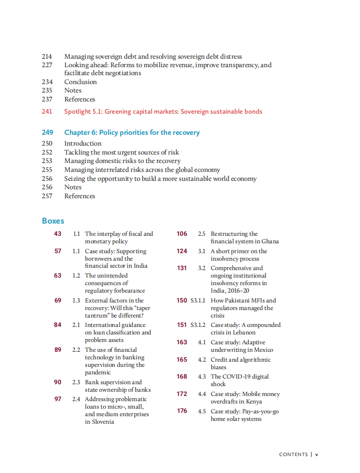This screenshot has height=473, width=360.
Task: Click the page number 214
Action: [47, 56]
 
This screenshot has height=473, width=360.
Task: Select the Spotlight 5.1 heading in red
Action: [163, 111]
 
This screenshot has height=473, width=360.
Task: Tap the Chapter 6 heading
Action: [131, 132]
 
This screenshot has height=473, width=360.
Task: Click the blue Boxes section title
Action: [53, 221]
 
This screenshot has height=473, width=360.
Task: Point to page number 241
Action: [47, 111]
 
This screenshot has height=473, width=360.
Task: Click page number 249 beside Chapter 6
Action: [47, 132]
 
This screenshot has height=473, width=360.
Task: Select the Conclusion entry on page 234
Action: [80, 82]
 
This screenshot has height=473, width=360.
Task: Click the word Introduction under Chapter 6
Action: [83, 143]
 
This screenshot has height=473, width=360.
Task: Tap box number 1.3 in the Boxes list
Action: [76, 301]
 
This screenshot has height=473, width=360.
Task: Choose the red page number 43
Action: [58, 233]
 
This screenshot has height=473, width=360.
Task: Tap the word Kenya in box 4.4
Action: [253, 402]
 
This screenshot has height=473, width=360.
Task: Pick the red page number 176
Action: [182, 411]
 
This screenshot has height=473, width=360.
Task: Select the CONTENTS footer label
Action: [293, 454]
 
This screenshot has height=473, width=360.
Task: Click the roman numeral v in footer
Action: [316, 454]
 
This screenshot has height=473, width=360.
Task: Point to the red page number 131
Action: [182, 268]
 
